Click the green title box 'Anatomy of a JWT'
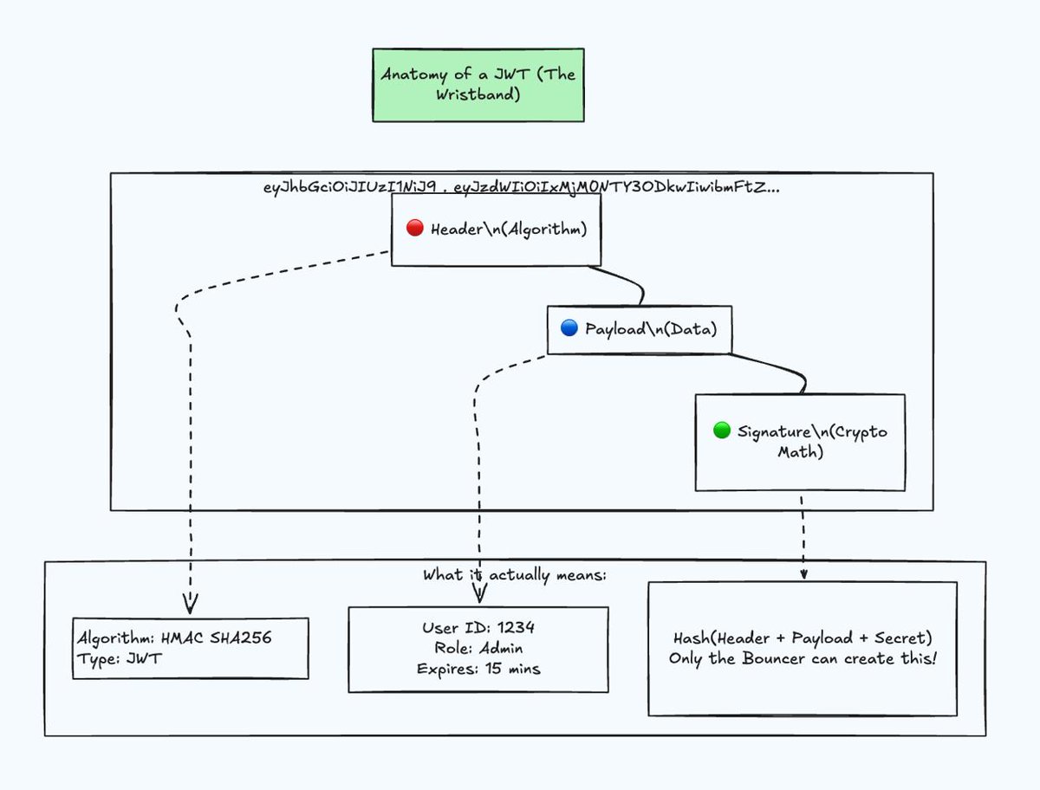tap(478, 85)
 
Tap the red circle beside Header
tap(414, 228)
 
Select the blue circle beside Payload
tap(569, 327)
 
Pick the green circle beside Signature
tap(722, 430)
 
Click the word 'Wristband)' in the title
tap(478, 94)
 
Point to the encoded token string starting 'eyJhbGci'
tap(521, 187)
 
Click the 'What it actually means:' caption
tap(515, 575)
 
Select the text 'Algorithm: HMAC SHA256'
tap(175, 638)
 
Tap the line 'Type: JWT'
tap(120, 659)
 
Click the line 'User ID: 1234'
tap(478, 628)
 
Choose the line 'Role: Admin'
tap(478, 648)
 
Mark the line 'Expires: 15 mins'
tap(478, 669)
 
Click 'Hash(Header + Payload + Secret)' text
tap(803, 638)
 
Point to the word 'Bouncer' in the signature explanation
tap(773, 659)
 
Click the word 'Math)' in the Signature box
tap(800, 452)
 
